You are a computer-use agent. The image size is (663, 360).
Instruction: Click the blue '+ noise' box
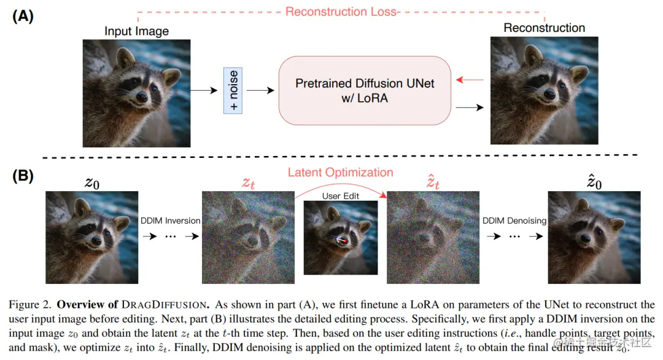point(233,90)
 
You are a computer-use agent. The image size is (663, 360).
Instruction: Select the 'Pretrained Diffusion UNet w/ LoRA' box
point(365,90)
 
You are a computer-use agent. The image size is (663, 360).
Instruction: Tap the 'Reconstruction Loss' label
point(342,11)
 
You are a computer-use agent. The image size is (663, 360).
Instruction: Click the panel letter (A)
point(23,17)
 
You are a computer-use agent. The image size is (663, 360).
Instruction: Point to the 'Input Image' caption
point(136,31)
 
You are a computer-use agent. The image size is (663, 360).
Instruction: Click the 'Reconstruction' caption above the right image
point(544,28)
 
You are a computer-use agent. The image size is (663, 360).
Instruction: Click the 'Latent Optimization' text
point(340,172)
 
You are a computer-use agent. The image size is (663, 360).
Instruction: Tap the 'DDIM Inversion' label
point(170,221)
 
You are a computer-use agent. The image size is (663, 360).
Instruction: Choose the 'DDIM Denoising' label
point(514,221)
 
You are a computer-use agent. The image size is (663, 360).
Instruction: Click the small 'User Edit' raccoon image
point(340,238)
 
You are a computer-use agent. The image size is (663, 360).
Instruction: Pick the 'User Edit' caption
point(340,195)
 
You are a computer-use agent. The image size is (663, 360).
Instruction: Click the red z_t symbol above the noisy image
point(249,182)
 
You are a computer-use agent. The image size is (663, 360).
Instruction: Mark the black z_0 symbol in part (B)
point(91,182)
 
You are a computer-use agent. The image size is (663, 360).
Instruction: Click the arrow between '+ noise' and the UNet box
point(260,90)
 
